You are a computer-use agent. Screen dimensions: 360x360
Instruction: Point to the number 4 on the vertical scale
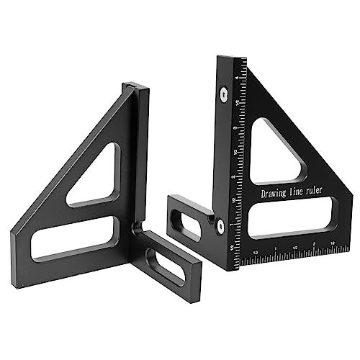coord(238,77)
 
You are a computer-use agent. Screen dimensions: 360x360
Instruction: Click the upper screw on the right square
coord(224,92)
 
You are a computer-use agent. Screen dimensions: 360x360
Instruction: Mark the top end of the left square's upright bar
coord(138,87)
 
